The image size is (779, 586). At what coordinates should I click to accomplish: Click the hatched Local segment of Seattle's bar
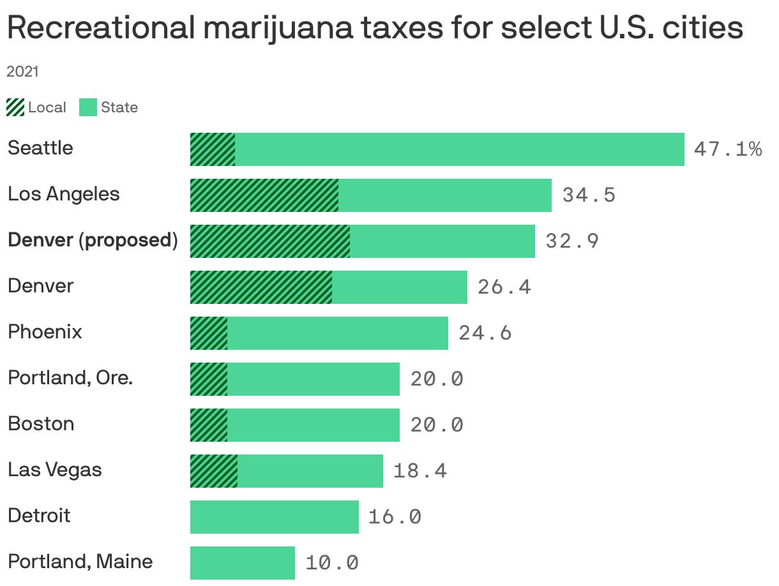click(213, 149)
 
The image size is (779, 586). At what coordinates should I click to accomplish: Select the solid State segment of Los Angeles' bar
click(445, 195)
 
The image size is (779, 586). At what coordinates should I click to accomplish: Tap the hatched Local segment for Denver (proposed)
click(270, 241)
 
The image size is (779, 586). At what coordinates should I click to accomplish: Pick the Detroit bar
click(275, 517)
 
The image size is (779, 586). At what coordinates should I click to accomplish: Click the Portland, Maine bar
click(243, 563)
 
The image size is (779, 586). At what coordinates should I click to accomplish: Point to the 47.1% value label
click(727, 149)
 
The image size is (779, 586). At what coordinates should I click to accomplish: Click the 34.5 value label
click(589, 195)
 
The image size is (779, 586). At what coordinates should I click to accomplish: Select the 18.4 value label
click(420, 471)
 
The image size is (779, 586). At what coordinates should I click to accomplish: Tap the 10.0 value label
click(331, 563)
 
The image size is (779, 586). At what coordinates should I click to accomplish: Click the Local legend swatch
click(15, 107)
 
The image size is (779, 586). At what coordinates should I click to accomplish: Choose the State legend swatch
click(87, 107)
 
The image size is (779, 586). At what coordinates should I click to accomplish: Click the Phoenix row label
click(45, 332)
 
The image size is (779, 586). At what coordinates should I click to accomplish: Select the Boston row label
click(41, 424)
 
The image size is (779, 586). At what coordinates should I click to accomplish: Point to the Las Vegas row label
click(55, 470)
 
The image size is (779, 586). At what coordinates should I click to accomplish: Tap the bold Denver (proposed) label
click(93, 240)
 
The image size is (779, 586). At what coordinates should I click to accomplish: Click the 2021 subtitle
click(22, 71)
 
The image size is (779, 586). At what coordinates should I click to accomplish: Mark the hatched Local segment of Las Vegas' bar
click(214, 471)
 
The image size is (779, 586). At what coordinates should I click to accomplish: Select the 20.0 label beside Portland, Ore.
click(437, 379)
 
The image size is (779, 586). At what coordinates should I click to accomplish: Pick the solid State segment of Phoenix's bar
click(338, 333)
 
